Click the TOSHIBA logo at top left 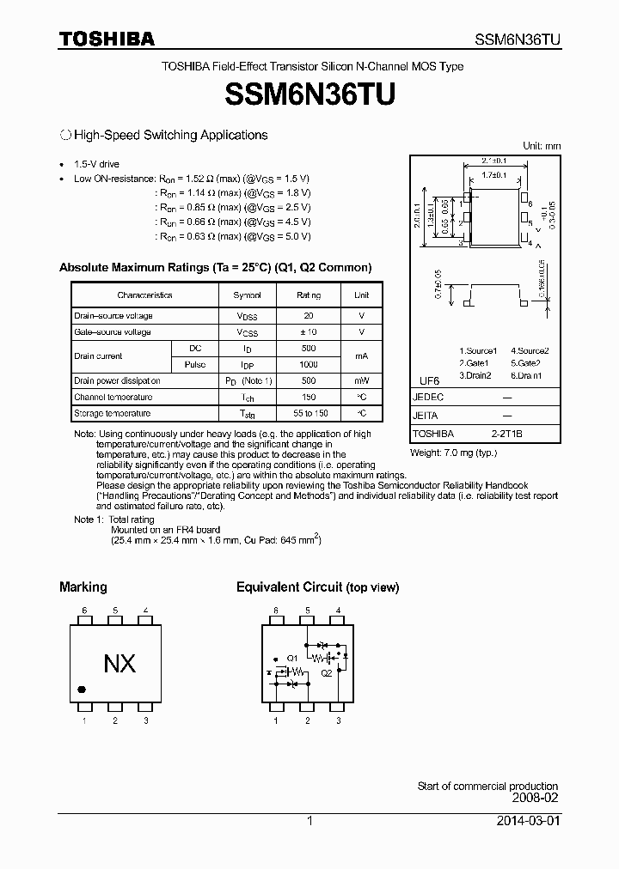107,39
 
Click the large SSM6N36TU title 309,95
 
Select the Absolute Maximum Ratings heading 215,267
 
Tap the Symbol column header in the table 248,295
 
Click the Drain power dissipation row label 117,380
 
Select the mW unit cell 361,380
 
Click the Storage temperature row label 113,413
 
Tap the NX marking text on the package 120,664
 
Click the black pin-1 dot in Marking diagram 82,689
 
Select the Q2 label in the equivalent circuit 327,674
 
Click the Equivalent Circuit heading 317,587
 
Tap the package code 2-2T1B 506,434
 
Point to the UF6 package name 429,380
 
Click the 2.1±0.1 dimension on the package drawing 493,161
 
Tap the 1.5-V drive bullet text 97,164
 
